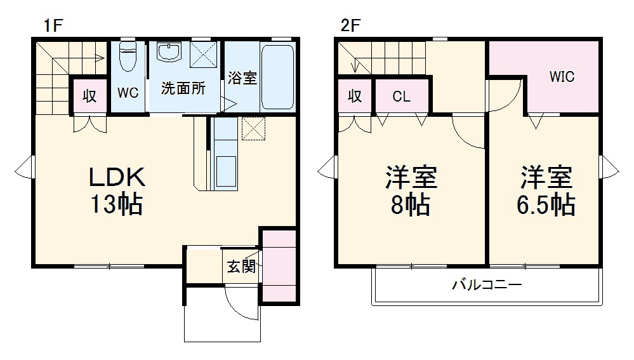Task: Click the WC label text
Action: click(x=128, y=93)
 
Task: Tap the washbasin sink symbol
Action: click(x=169, y=53)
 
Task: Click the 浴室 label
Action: click(x=242, y=79)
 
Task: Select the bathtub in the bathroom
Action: click(x=277, y=76)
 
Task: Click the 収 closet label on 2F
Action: click(x=355, y=97)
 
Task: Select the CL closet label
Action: click(x=401, y=97)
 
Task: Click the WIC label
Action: click(x=562, y=77)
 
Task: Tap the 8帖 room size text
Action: click(x=411, y=205)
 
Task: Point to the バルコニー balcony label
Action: click(x=487, y=285)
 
